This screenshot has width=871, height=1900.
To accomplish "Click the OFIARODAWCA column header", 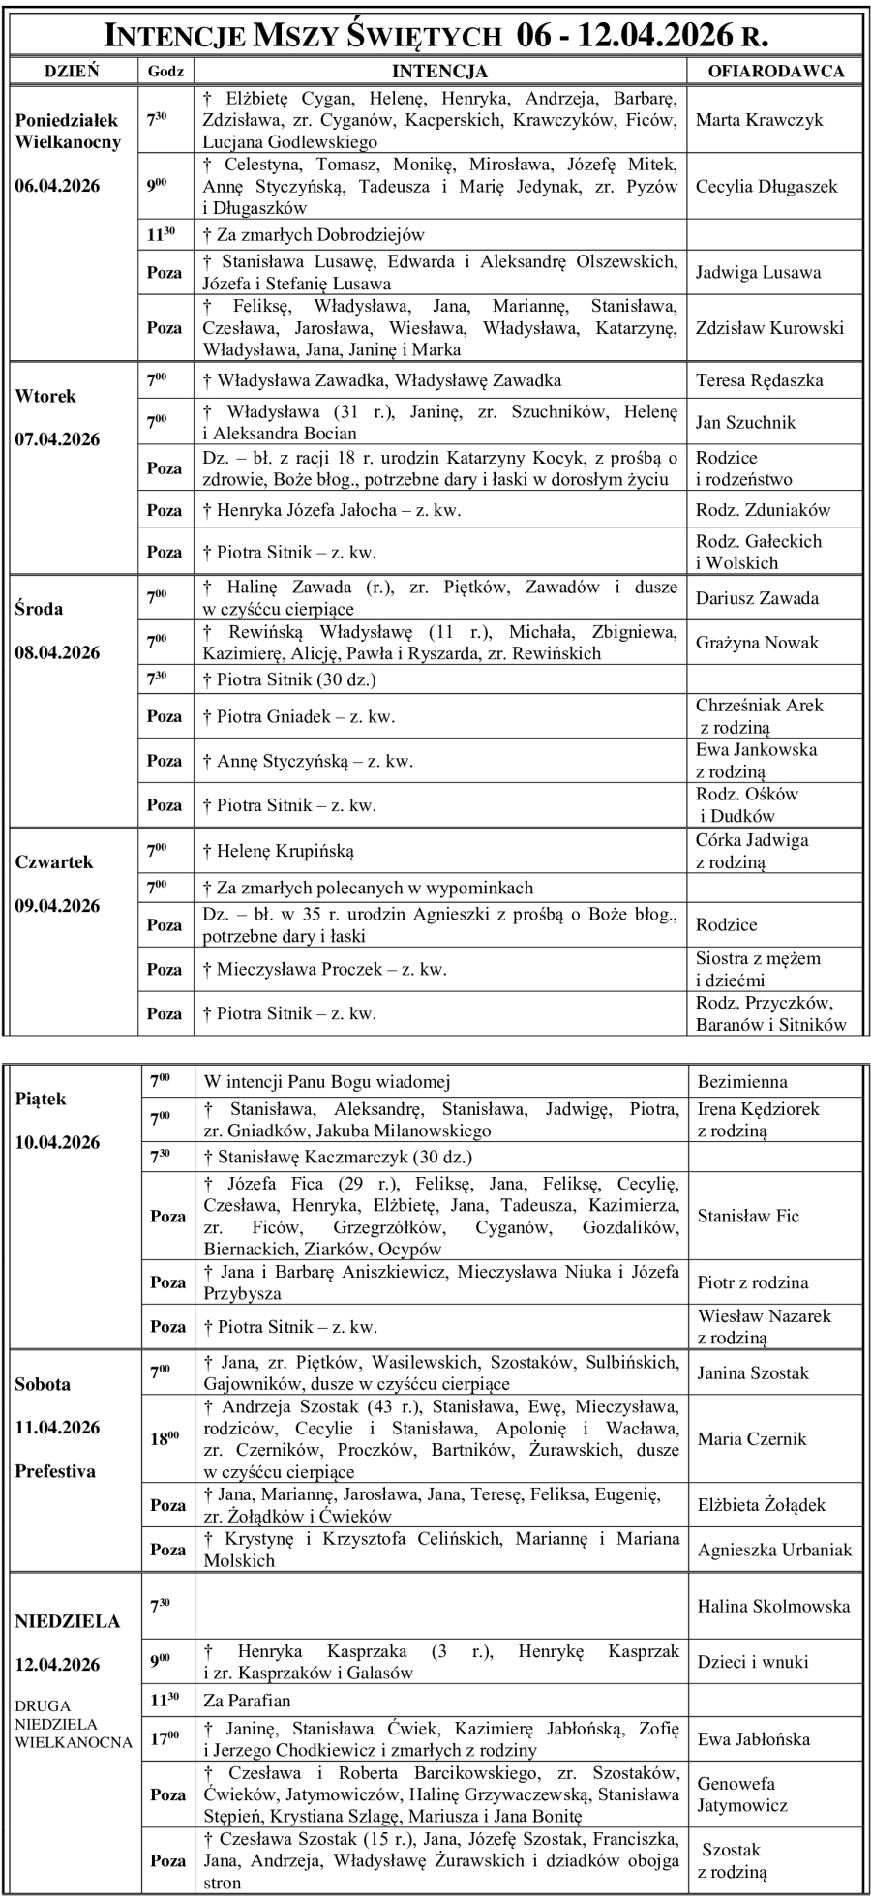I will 776,71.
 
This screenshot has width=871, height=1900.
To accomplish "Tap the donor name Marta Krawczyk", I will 759,120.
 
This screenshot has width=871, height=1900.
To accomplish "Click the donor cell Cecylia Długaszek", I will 766,186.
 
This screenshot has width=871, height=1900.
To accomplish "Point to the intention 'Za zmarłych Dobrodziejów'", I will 314,234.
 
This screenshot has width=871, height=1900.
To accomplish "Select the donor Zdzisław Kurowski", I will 769,327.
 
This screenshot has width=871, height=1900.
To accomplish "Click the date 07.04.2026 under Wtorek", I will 57,439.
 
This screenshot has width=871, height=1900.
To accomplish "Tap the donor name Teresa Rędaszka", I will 759,380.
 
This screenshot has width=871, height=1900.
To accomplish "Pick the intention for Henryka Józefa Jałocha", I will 331,510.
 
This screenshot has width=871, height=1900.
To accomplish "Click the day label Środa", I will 39,609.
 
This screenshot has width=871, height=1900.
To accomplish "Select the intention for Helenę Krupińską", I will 278,851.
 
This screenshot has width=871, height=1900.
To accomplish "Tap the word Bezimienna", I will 742,1081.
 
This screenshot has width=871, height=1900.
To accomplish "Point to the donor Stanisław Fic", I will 748,1216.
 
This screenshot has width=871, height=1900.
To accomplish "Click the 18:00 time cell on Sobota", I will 165,1438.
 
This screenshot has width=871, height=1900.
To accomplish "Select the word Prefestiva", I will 55,1470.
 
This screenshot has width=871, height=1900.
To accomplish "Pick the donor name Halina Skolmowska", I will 773,1606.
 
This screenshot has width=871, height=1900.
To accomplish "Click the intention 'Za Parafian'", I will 247,1700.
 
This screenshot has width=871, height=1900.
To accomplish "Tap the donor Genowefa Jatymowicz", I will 742,1794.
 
